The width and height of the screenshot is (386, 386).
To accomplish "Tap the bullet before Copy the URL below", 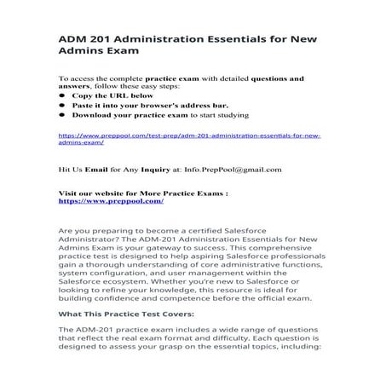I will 62,95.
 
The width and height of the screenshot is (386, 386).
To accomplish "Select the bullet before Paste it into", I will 62,105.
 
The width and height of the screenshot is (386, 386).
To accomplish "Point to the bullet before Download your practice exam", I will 62,114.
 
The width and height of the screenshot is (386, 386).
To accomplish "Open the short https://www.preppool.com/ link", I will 111,201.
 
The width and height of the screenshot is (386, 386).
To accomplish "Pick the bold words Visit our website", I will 91,193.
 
